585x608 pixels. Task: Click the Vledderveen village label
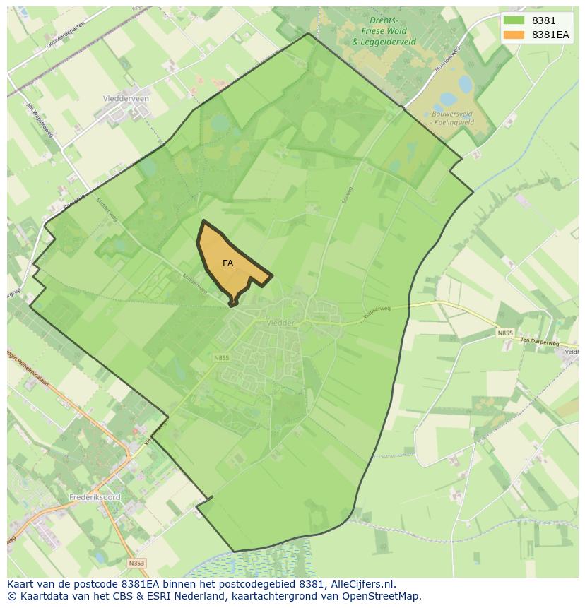(x=126, y=99)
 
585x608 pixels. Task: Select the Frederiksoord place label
(x=95, y=497)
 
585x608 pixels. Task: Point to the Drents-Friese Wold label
(x=384, y=32)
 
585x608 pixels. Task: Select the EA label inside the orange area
(x=227, y=263)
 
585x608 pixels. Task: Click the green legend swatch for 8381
(x=514, y=20)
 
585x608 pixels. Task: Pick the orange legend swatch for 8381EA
(x=514, y=35)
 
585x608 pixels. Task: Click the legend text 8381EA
(x=550, y=35)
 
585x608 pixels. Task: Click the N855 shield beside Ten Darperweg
(x=504, y=333)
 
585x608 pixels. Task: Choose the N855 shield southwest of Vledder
(x=222, y=358)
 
